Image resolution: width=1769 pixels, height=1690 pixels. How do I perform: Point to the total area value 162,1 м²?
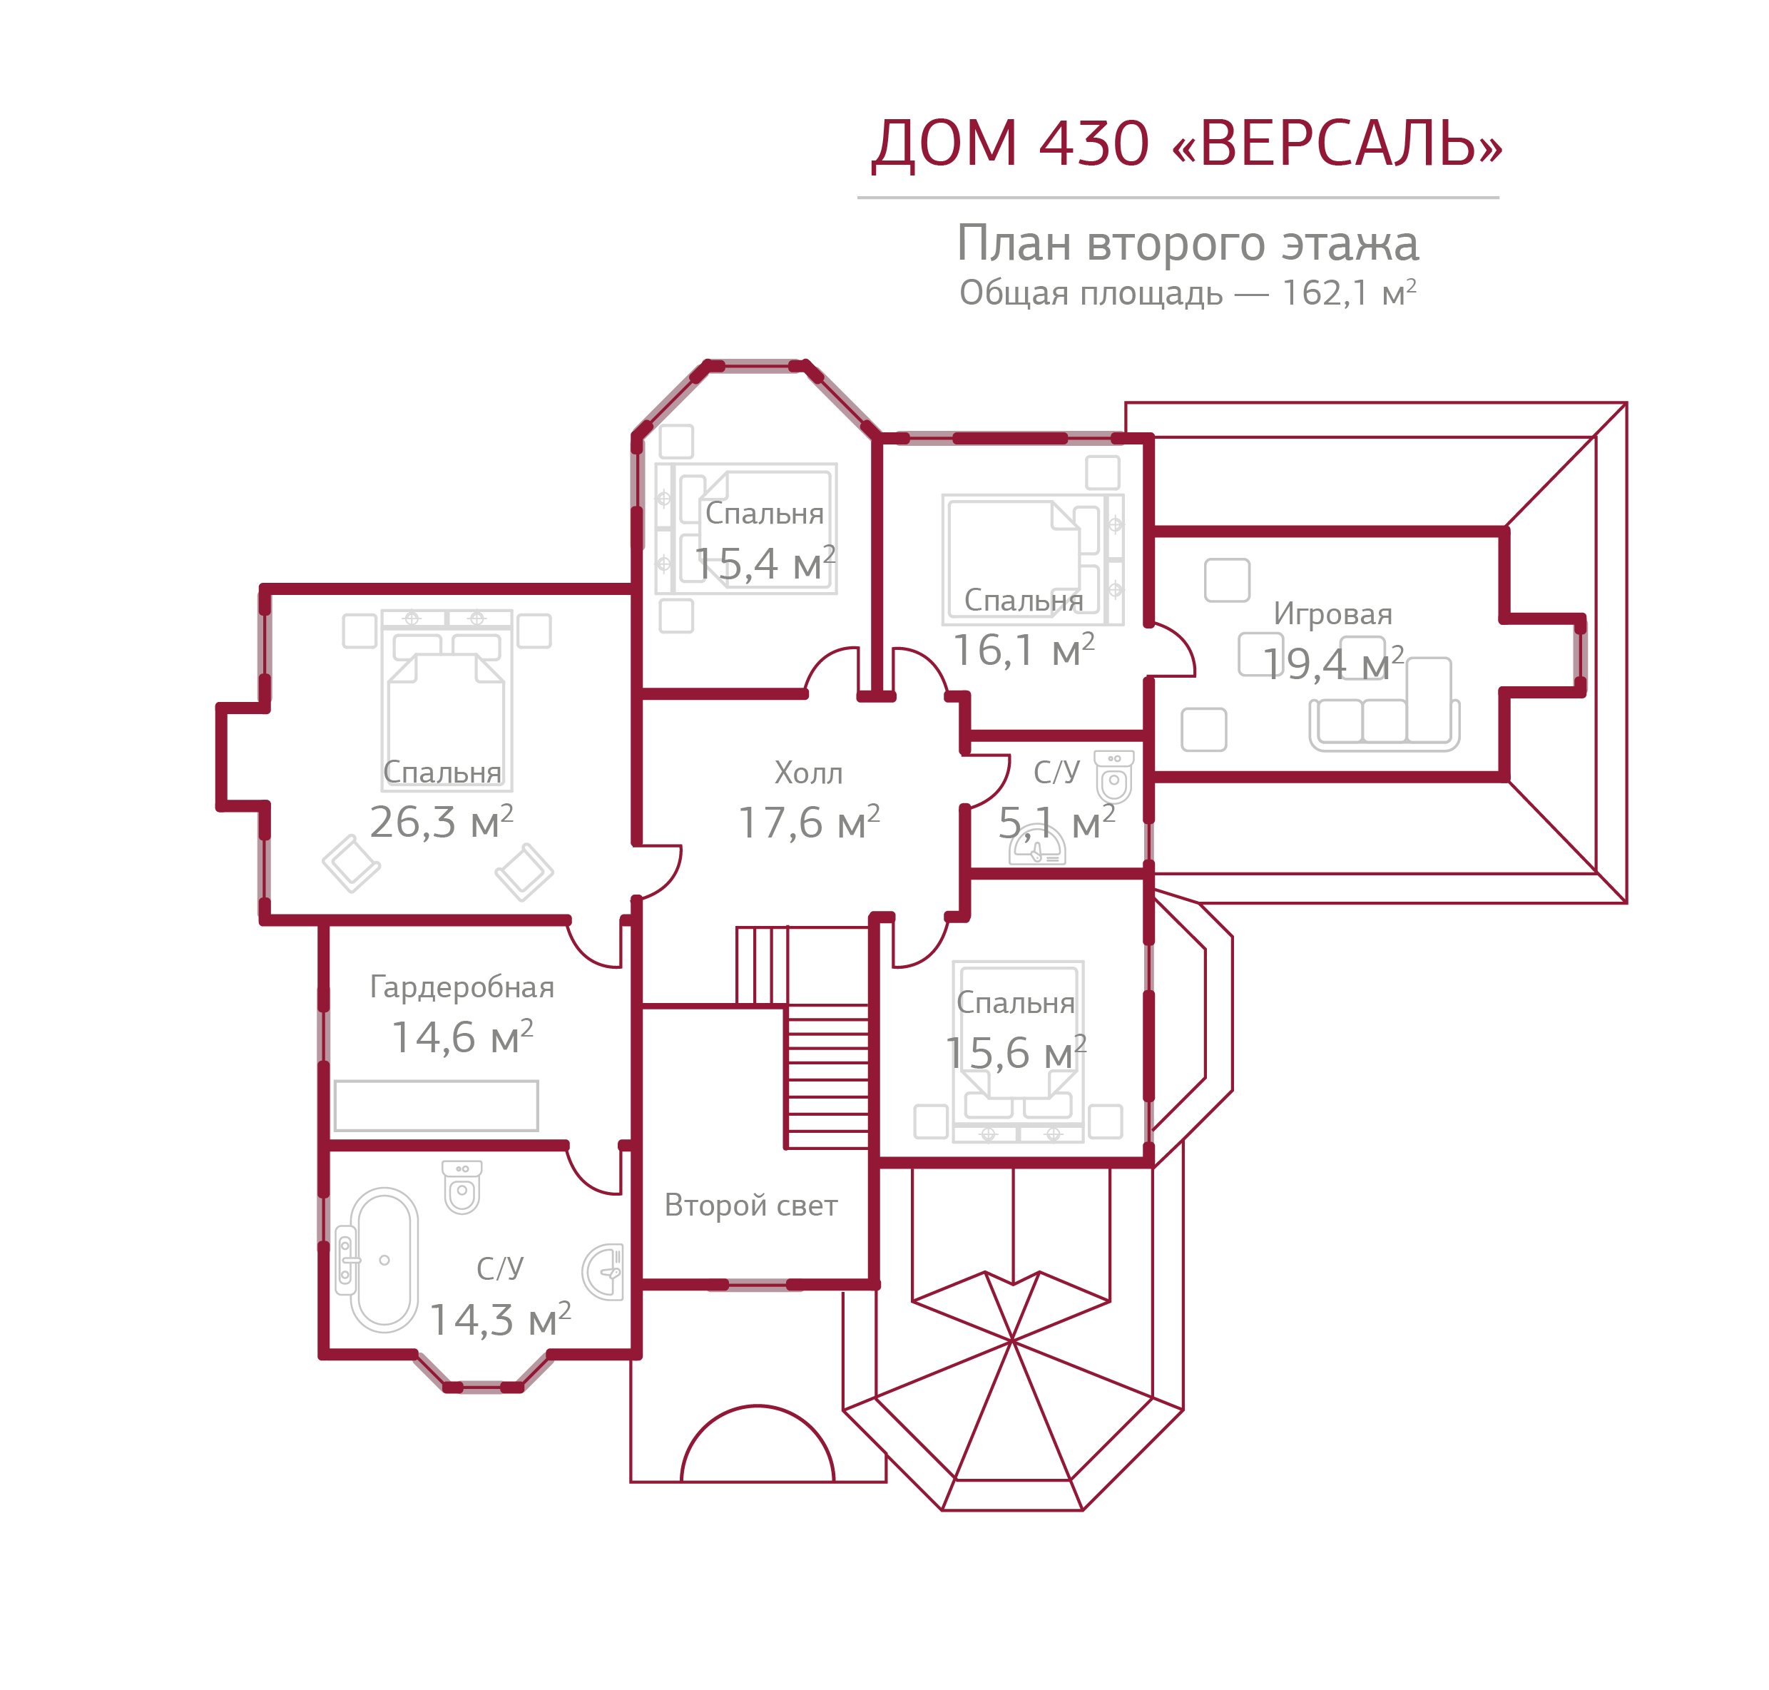point(1348,292)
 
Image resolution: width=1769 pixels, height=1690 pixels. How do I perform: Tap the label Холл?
point(808,773)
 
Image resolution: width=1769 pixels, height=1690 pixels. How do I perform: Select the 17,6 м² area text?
point(808,823)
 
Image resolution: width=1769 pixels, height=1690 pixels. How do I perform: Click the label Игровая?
point(1332,614)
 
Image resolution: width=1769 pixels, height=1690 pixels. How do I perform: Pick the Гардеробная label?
point(462,987)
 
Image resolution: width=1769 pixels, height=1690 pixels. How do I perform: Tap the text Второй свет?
point(750,1206)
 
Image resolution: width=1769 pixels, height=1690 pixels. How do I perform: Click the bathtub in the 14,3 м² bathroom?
point(384,1259)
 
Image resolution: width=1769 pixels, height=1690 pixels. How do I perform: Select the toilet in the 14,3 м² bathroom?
point(462,1186)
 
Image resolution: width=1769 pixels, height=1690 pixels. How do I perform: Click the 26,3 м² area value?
point(442,822)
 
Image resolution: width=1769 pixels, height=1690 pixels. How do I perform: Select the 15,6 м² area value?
point(1015,1052)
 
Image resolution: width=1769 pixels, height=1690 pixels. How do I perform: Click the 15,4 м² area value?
point(764,564)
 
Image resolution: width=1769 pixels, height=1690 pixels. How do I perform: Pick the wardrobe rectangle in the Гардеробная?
point(436,1105)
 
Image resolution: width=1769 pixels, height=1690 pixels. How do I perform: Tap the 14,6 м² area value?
point(462,1037)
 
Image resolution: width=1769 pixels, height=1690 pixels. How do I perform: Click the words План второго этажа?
point(1187,243)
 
